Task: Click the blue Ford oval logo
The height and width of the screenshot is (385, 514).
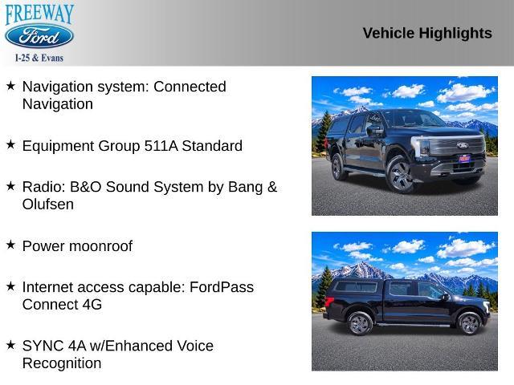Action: [39, 36]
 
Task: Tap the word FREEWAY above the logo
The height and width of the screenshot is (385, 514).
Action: [39, 14]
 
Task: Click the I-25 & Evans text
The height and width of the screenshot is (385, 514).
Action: [39, 58]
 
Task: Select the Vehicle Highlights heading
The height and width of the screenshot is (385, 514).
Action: [427, 33]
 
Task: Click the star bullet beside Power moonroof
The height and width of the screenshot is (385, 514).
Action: [10, 245]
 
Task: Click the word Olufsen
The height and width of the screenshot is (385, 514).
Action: [48, 205]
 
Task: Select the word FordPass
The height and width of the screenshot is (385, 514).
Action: [222, 287]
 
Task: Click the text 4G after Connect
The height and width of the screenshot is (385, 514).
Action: [92, 305]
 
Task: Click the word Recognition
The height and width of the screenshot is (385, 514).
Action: [62, 363]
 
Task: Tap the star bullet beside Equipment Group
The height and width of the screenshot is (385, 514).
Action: [10, 144]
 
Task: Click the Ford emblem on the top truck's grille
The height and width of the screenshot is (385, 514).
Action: [463, 145]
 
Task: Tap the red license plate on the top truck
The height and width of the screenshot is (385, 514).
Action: [464, 159]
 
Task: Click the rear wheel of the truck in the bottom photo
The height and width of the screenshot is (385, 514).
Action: [360, 324]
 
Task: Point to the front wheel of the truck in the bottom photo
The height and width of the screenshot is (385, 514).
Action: [469, 324]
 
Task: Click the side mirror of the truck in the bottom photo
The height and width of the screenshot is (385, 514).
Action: [445, 297]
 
